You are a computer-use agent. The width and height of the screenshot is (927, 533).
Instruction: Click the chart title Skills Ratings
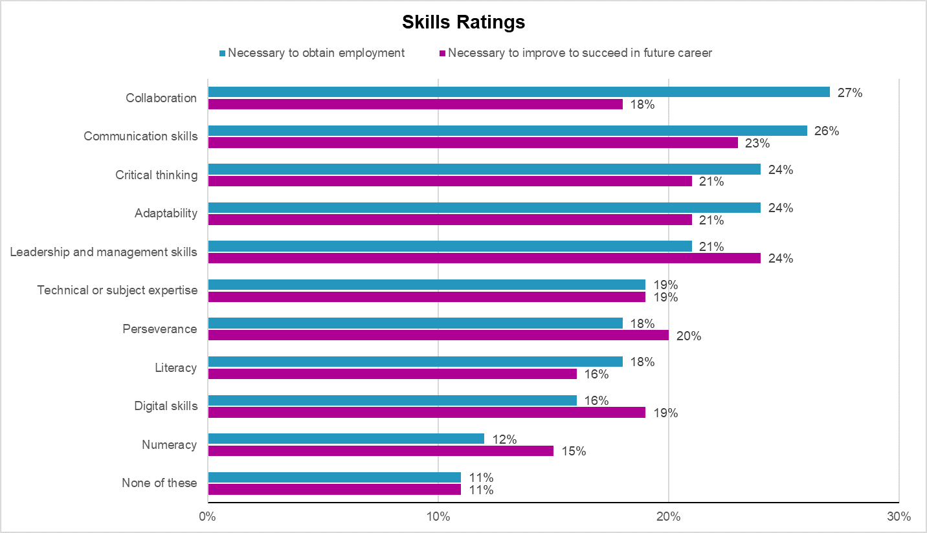463,23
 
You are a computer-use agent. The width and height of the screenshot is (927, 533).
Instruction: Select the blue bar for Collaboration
518,92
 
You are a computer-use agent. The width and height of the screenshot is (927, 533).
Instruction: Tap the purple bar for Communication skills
473,143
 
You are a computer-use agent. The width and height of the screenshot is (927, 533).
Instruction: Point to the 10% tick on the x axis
438,517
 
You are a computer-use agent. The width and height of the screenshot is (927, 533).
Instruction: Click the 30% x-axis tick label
899,517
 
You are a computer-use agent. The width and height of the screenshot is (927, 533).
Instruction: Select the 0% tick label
207,517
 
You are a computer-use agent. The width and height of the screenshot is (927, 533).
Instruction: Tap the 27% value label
850,92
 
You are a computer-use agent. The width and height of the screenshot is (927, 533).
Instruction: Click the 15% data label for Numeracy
573,451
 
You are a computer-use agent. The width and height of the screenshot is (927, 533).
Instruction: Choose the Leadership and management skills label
104,252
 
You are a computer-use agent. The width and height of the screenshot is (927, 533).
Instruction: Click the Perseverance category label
160,329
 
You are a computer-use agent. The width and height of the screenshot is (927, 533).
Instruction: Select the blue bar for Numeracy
346,439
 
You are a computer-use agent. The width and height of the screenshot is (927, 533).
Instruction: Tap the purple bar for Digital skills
426,412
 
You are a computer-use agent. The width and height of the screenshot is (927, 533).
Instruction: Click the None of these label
159,483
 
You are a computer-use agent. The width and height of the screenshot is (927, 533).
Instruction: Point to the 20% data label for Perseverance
688,336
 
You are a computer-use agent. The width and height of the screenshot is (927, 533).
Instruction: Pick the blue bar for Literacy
414,362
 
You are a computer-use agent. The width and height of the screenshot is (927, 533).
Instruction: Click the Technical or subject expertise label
117,290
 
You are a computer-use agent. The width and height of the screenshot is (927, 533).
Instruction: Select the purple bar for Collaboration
414,104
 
